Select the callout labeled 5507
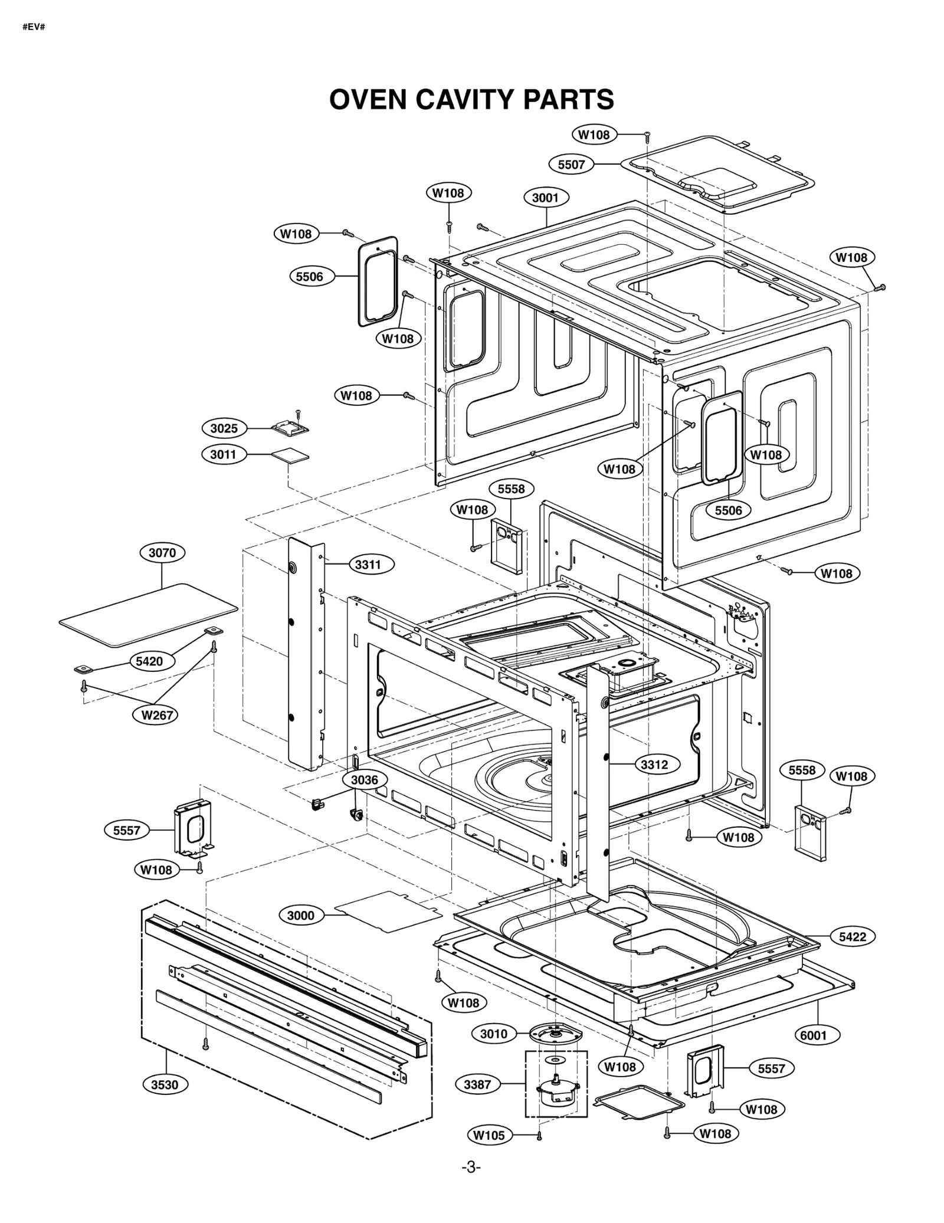[x=571, y=164]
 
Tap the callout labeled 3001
[x=546, y=198]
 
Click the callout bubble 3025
[x=224, y=428]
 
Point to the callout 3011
[x=223, y=454]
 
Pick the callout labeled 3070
[x=162, y=553]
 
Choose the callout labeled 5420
[x=149, y=661]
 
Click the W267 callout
[x=156, y=715]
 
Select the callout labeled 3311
[x=368, y=565]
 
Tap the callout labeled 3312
[x=654, y=765]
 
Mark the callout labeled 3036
[x=365, y=780]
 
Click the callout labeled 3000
[x=301, y=916]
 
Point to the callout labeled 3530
[x=165, y=1084]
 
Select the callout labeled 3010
[x=494, y=1034]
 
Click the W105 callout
[x=489, y=1135]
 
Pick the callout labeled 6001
[x=814, y=1035]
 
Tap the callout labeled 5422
[x=853, y=936]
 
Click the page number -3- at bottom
[x=471, y=1167]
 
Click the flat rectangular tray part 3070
[x=147, y=614]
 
